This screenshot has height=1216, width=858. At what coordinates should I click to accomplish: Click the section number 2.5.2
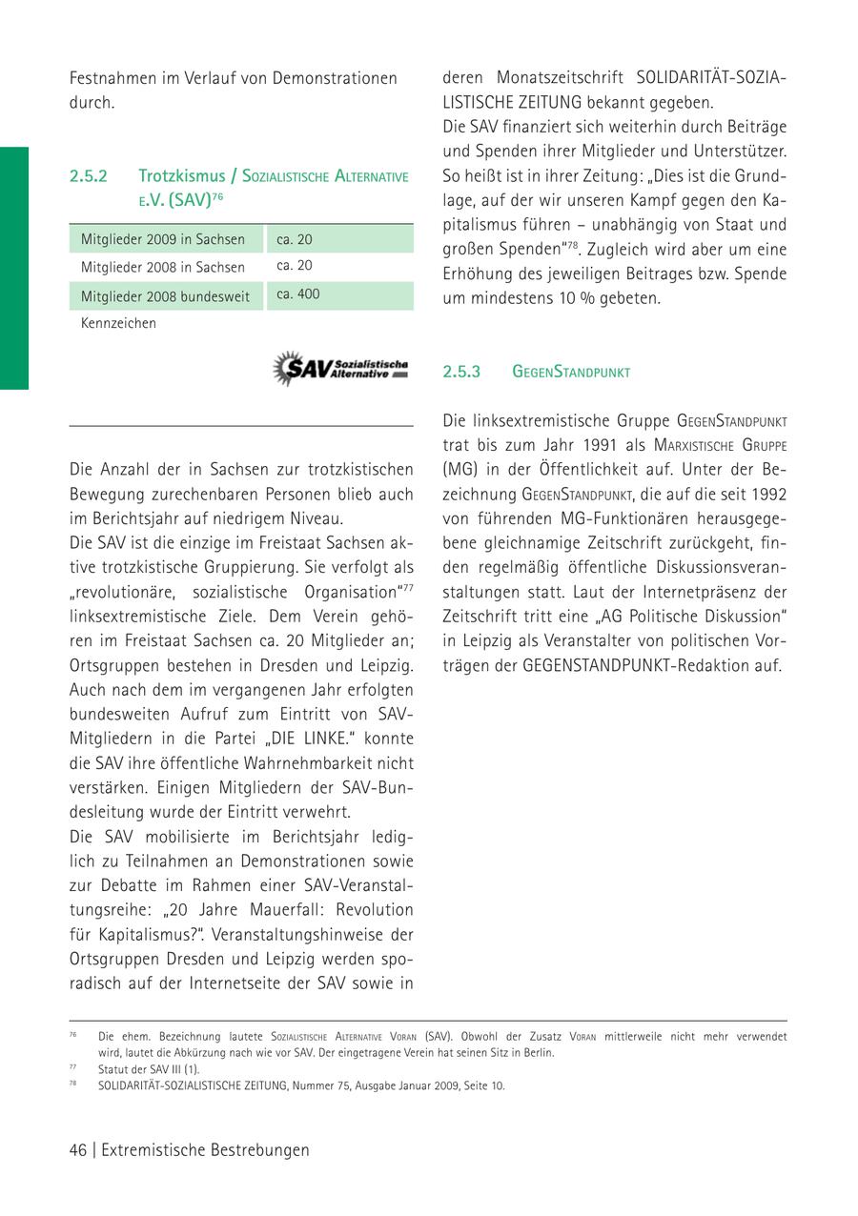(88, 176)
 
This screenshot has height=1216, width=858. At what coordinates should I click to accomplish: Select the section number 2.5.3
(461, 372)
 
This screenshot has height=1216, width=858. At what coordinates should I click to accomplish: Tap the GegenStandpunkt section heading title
(571, 372)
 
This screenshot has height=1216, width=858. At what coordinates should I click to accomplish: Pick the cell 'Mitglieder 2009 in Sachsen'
(163, 239)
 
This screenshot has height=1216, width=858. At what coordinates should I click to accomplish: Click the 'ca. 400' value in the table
(298, 294)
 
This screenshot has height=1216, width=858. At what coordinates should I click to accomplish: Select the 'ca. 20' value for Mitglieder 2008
(295, 266)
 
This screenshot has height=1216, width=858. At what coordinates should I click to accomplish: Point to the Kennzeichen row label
(118, 323)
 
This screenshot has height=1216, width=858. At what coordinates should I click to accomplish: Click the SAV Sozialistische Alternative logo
(340, 368)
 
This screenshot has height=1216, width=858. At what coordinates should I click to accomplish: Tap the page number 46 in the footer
(78, 1150)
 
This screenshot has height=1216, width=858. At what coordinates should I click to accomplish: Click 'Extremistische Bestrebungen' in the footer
(205, 1150)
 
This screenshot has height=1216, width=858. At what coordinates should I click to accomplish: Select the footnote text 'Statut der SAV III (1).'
(149, 1069)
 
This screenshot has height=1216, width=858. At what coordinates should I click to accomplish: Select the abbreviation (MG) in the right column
(459, 470)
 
